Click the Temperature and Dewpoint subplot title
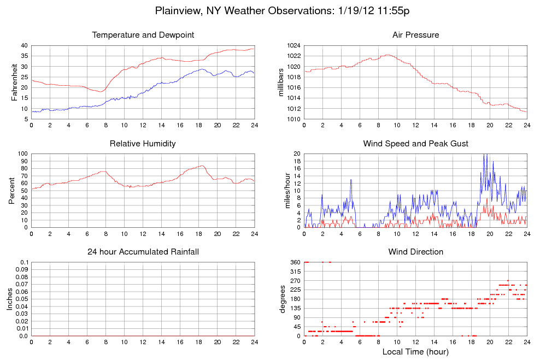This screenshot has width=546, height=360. point(143,35)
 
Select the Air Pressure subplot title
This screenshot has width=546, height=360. point(415,35)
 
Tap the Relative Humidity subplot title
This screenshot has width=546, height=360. point(143,144)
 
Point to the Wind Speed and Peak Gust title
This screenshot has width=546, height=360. point(415,144)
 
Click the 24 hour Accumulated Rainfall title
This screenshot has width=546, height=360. point(143,252)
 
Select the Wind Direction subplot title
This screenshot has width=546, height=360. point(415,252)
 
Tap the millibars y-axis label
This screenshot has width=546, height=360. point(281,82)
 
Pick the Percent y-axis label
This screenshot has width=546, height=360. point(12,190)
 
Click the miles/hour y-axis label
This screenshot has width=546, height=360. point(285,190)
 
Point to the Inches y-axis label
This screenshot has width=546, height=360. point(10,299)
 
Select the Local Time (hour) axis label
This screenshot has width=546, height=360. point(415,352)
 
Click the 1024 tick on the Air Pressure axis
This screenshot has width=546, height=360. point(294,45)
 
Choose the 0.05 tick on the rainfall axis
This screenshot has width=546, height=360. point(21,299)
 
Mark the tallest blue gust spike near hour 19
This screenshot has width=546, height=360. point(484,155)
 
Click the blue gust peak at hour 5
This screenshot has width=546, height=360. point(351,179)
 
